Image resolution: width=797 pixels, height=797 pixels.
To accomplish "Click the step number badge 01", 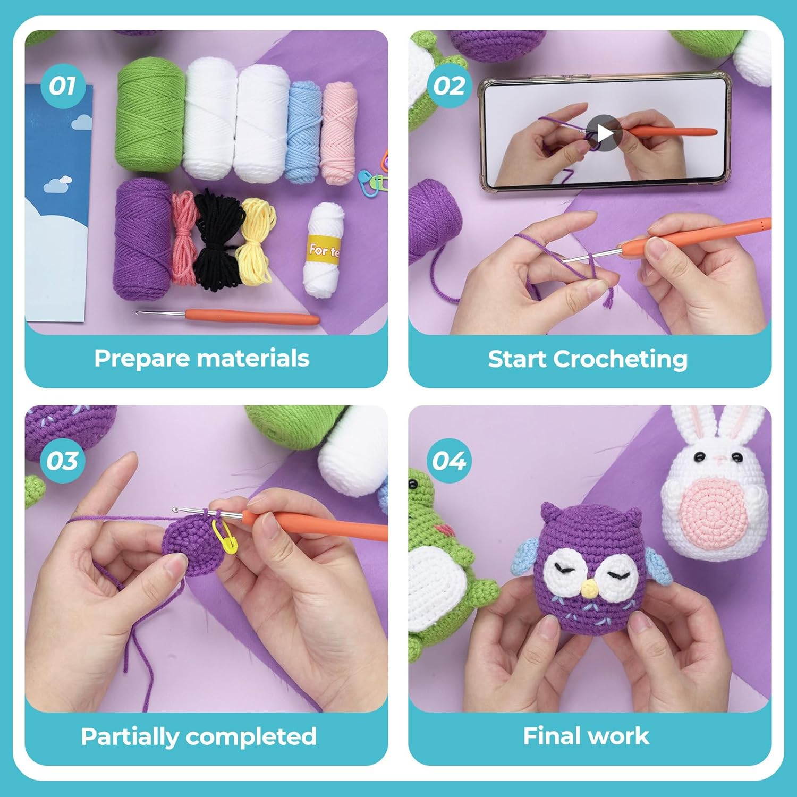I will point(63,86).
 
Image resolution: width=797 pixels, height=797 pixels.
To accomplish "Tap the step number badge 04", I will point(449,461).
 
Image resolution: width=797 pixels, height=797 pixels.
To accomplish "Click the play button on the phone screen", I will point(604,133).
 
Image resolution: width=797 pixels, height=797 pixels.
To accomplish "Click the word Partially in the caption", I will point(129,736).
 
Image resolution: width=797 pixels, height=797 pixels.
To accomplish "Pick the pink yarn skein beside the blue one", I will point(338,133).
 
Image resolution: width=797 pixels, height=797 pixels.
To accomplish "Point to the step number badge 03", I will point(63,461).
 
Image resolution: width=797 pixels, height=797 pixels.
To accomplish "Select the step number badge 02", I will point(449,86).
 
